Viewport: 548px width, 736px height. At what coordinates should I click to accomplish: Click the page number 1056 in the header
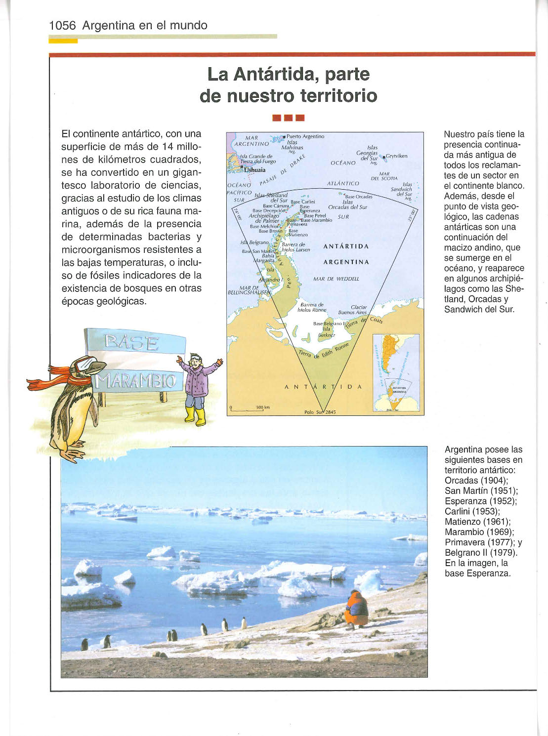pyautogui.click(x=62, y=26)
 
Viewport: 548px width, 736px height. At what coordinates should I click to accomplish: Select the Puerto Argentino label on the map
pyautogui.click(x=305, y=136)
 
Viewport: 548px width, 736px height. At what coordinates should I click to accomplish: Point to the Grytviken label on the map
pyautogui.click(x=397, y=156)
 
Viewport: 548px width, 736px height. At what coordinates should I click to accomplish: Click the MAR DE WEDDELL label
pyautogui.click(x=336, y=279)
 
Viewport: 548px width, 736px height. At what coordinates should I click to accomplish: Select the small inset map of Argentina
pyautogui.click(x=395, y=373)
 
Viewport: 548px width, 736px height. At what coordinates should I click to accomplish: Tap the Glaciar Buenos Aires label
pyautogui.click(x=353, y=310)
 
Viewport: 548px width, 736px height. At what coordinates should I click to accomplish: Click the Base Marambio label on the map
pyautogui.click(x=316, y=220)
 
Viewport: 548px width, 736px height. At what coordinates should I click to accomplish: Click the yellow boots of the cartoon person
pyautogui.click(x=195, y=415)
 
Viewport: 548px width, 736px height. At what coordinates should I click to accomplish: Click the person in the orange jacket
pyautogui.click(x=356, y=609)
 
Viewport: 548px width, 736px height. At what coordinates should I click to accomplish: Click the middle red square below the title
pyautogui.click(x=289, y=118)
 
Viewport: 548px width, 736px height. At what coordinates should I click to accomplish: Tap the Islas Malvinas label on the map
pyautogui.click(x=292, y=145)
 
